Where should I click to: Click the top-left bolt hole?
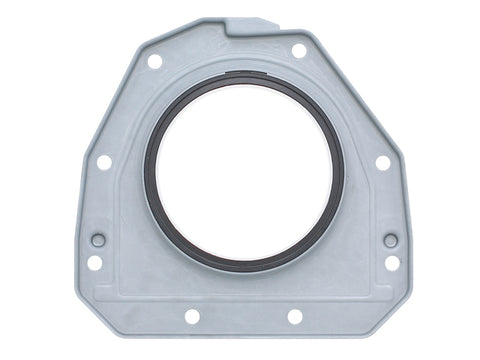coord(155,61)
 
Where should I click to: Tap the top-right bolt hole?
coord(299,50)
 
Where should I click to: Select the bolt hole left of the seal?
coord(104,162)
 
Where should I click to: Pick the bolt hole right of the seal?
coord(382,162)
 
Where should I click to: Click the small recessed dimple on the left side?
coord(98,240)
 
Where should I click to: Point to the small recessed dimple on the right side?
coord(390,240)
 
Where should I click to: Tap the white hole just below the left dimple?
coord(94,262)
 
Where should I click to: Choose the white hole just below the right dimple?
coord(392,262)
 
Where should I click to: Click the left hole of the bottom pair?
coord(192,316)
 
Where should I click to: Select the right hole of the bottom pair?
coord(295,316)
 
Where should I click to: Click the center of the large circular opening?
coord(244,170)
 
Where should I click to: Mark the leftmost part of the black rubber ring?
coord(147,170)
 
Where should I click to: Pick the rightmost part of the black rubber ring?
coord(342,170)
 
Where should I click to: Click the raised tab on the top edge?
coord(250,24)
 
